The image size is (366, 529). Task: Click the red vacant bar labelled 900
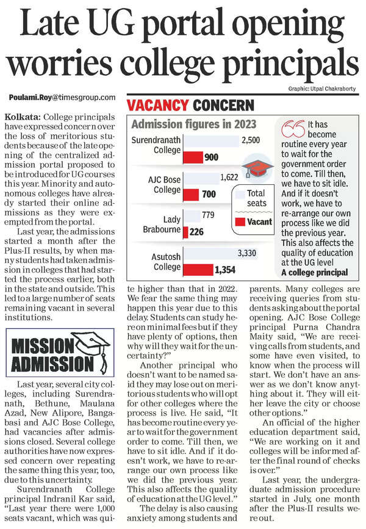194,157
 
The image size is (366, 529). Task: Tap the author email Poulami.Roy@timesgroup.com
62,98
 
